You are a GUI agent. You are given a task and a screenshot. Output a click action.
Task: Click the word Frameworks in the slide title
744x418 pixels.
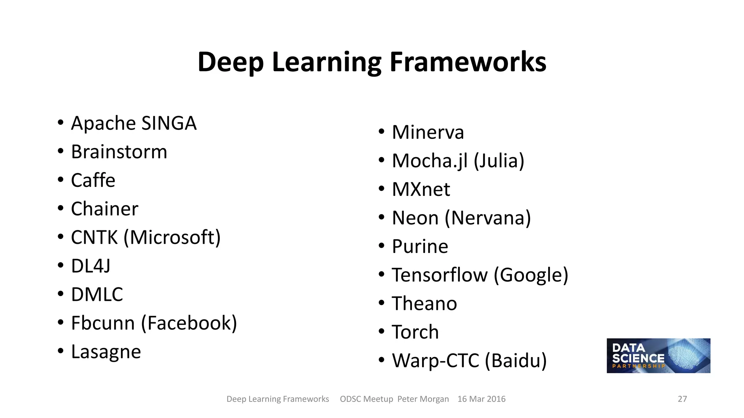tap(468, 62)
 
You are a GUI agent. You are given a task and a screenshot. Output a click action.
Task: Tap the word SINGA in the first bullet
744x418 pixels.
tap(169, 123)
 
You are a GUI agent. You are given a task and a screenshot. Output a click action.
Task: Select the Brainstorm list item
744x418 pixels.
tap(119, 152)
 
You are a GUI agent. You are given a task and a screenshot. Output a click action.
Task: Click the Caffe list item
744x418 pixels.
tap(93, 180)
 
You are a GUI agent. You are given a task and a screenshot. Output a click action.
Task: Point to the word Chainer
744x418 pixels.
tap(105, 209)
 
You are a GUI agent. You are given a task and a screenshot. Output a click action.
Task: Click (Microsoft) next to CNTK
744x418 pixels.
tap(172, 238)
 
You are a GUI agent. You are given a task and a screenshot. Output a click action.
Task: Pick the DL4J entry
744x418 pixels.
tap(91, 266)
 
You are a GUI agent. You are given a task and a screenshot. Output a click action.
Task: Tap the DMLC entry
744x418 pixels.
tap(97, 295)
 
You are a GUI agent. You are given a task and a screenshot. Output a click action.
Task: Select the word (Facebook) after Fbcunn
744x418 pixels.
tap(189, 323)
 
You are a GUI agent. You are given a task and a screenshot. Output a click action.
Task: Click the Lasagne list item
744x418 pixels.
tap(106, 352)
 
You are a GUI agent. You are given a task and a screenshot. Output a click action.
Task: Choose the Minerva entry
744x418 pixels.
tap(428, 132)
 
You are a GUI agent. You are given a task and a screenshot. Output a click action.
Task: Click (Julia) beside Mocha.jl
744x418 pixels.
tap(499, 161)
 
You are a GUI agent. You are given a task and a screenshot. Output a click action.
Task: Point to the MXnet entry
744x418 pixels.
tap(421, 189)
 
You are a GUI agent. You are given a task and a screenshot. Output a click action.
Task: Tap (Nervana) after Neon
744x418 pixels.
tap(488, 218)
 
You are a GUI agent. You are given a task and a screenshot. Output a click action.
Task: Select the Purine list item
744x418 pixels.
tap(420, 247)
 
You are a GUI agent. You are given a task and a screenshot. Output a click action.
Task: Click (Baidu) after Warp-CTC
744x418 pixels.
tap(516, 361)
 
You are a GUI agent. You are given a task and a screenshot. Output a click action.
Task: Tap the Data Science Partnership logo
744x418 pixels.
tap(658, 356)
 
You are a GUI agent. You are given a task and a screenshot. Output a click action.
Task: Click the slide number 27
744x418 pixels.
tap(682, 399)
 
